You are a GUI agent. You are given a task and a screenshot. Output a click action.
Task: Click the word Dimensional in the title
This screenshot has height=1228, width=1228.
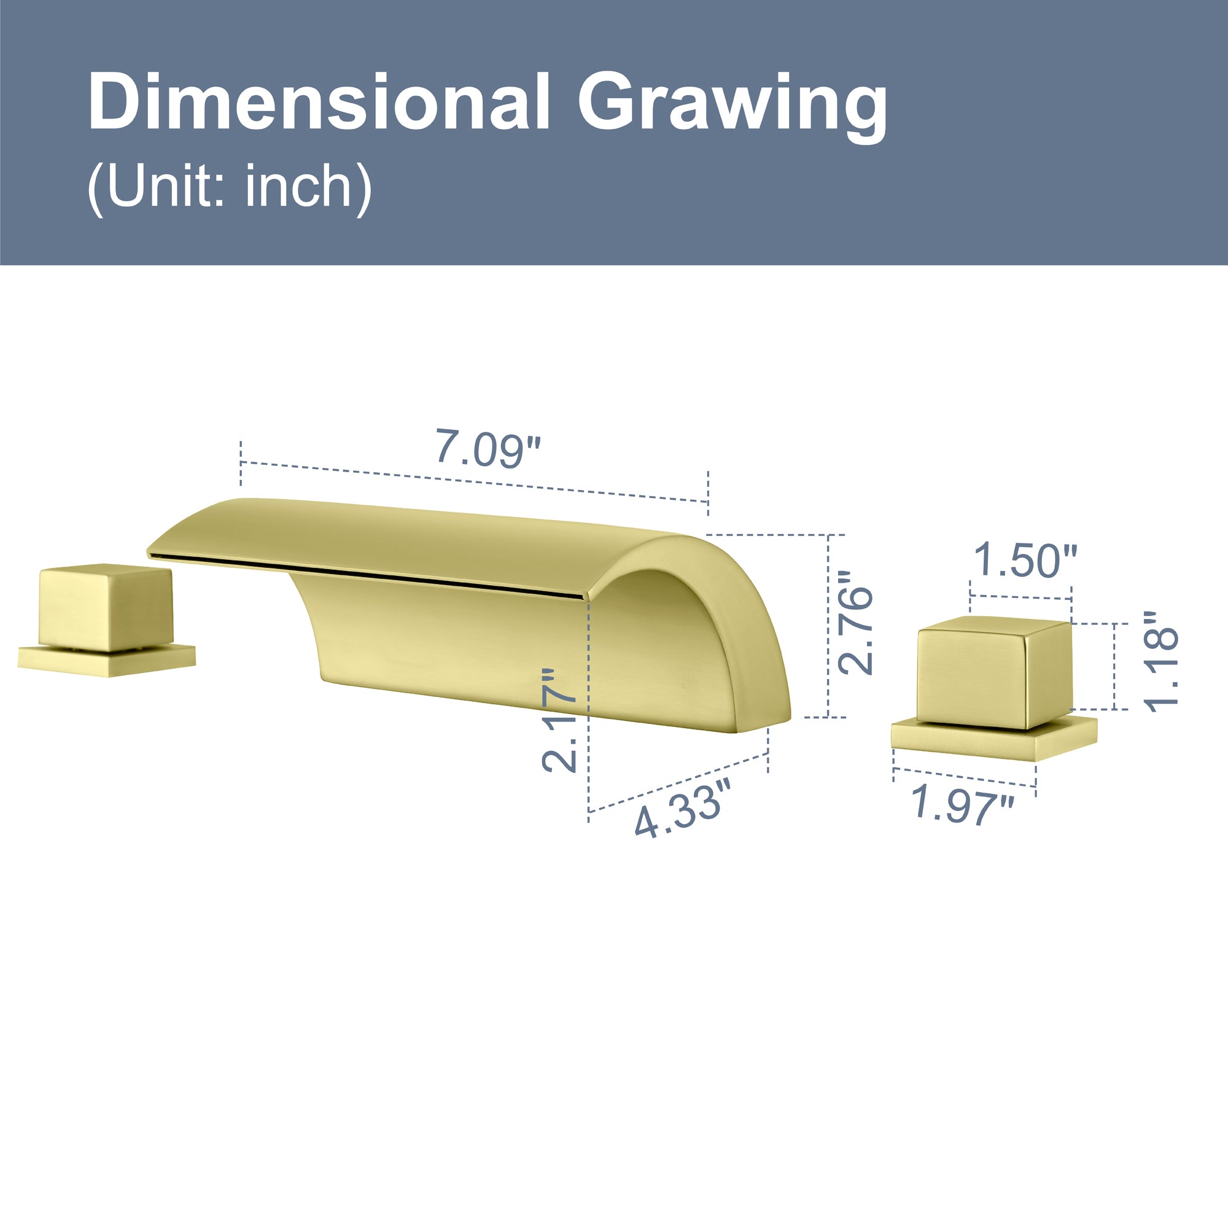point(319,103)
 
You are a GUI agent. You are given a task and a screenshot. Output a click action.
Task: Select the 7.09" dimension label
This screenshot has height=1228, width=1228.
point(488,448)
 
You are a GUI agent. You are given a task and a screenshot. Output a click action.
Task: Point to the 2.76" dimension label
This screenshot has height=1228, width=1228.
point(855,622)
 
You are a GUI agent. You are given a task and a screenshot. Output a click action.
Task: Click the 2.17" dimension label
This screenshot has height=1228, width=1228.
point(559,720)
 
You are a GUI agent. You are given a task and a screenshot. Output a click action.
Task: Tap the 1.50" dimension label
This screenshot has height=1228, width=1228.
point(1025,559)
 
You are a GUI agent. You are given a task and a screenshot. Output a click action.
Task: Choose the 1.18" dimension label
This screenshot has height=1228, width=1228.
point(1160,661)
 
